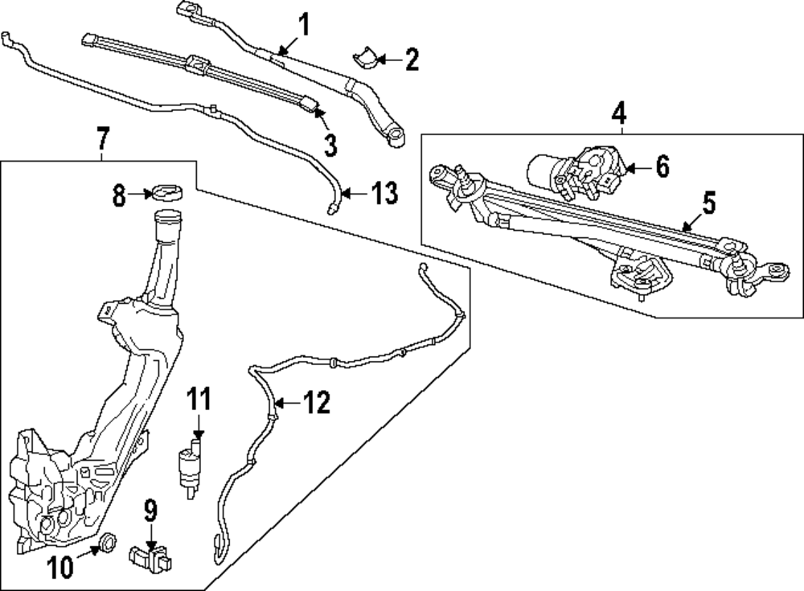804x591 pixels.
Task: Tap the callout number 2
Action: pos(411,60)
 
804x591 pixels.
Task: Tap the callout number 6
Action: pos(661,167)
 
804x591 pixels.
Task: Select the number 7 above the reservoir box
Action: pos(102,141)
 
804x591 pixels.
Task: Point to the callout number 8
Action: pos(119,195)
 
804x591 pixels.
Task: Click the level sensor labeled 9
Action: pos(152,555)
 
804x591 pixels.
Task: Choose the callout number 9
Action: pos(150,511)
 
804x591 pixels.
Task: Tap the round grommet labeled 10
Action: pos(105,543)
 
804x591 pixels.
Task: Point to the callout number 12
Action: pos(317,403)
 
